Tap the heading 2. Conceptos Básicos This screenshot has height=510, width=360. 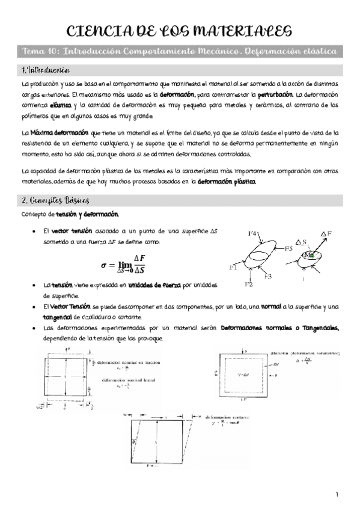coord(55,200)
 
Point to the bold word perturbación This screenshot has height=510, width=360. coord(275,95)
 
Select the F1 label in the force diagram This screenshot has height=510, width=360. coord(233,267)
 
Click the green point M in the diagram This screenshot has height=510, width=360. coord(311,255)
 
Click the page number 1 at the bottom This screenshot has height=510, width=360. coord(338,494)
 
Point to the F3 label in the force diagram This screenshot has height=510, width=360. coord(268,276)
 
